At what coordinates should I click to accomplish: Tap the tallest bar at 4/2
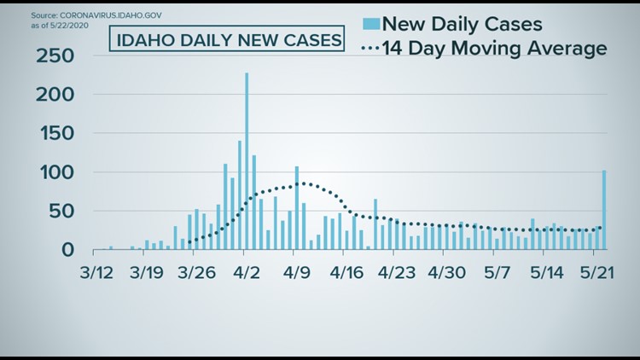247,162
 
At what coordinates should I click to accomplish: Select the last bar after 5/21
604,210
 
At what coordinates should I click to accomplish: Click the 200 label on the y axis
54,96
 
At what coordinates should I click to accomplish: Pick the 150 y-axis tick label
54,134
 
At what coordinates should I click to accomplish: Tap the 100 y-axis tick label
54,173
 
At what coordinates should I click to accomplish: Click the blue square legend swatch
371,22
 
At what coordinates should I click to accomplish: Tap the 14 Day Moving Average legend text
495,49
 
